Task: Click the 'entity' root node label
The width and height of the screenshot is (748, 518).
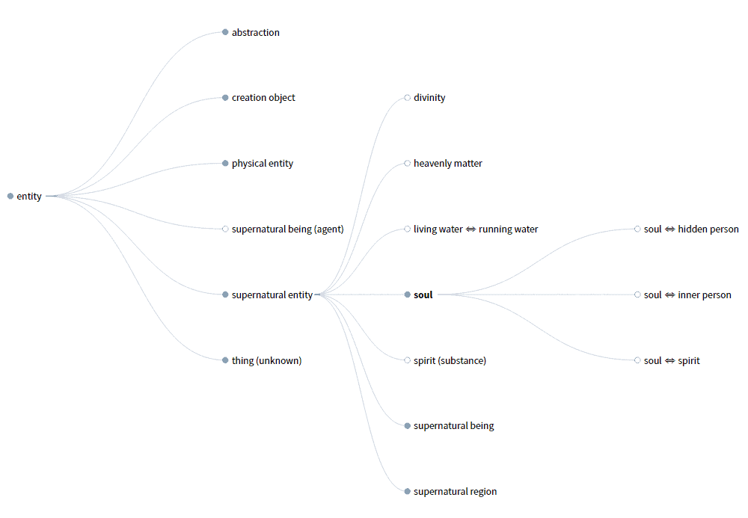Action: pos(29,197)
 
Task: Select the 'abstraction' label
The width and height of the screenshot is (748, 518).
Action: pos(255,33)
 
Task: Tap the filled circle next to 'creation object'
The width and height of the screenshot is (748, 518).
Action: pos(225,98)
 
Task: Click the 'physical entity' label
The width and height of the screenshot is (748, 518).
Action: pos(262,164)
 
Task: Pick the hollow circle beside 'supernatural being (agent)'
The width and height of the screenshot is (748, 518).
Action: pos(225,229)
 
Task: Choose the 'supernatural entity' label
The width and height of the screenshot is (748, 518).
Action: pos(272,295)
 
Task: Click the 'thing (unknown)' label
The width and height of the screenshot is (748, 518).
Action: pos(266,361)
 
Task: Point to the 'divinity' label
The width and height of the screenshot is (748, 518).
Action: pos(429,98)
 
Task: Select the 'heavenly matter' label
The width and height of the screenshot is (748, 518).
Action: pos(447,164)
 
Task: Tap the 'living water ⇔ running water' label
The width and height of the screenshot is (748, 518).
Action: pos(475,229)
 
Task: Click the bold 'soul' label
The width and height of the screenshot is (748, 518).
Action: pos(423,295)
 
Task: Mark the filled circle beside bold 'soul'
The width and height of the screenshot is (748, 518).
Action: pos(408,295)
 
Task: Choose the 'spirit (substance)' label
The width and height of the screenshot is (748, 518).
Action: pos(450,361)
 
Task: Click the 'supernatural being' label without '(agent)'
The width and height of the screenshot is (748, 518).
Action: pos(453,426)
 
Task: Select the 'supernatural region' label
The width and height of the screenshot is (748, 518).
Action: pos(455,492)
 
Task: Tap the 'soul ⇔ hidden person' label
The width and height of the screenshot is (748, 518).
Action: pos(690,229)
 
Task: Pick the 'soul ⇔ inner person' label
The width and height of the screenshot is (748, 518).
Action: pos(687,295)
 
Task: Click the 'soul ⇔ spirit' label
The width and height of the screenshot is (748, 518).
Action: pos(671,361)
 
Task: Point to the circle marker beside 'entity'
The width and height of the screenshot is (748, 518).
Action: pos(10,197)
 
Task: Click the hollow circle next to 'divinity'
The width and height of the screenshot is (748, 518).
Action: pos(408,98)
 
